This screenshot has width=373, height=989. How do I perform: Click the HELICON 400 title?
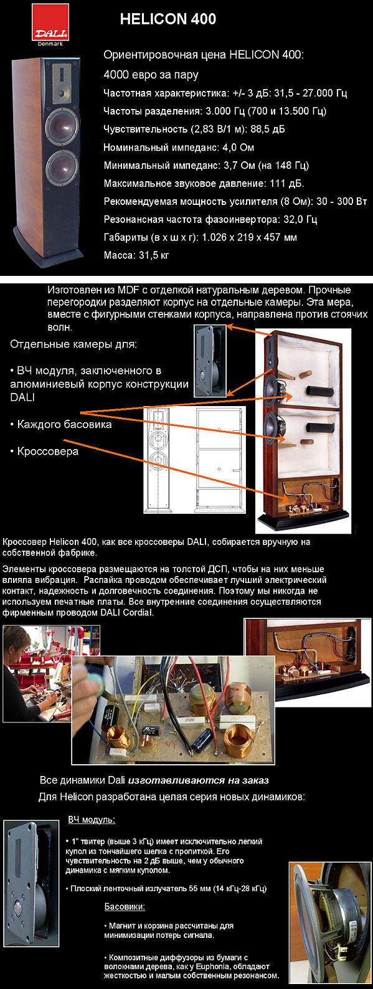168,19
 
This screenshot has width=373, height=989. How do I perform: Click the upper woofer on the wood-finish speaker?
62,125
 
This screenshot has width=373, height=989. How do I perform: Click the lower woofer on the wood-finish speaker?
62,168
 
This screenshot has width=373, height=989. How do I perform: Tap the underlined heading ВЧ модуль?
92,820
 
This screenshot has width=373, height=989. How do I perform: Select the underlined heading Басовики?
125,907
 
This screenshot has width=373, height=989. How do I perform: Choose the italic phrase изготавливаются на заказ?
198,780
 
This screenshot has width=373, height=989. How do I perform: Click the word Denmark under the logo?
50,44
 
